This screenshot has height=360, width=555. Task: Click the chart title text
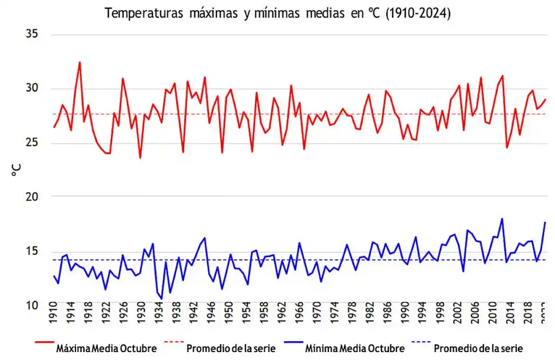tap(277, 14)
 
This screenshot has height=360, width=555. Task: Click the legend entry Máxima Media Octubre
tap(106, 349)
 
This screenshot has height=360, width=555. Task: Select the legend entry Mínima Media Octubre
tap(355, 349)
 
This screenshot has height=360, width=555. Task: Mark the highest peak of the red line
tap(80, 62)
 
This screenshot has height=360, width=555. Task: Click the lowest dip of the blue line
tap(161, 299)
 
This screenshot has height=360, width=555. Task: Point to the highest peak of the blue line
tap(502, 219)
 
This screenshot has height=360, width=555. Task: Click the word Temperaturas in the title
tap(140, 14)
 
